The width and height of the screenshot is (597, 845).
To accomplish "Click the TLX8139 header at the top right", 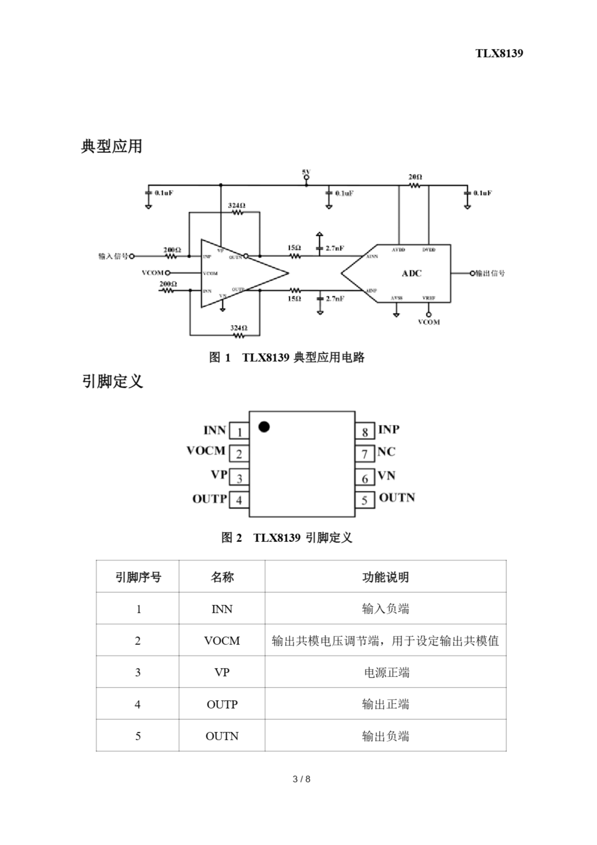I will click(x=499, y=53).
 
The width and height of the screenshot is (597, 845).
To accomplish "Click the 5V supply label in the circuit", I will click(x=306, y=172).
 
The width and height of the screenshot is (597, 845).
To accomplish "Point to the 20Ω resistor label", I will click(x=415, y=177).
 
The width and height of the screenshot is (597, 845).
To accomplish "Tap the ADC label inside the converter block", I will click(x=412, y=273).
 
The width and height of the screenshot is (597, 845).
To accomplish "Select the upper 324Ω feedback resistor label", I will click(x=236, y=205).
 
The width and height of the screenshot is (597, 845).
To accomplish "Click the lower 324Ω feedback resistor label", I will click(x=239, y=328).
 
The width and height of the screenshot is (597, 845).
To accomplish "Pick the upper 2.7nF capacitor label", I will click(x=335, y=249).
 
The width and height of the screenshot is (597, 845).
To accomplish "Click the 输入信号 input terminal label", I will click(x=113, y=256).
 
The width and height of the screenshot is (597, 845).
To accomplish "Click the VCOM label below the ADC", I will click(x=429, y=322).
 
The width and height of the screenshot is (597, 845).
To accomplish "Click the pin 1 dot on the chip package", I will click(x=264, y=427).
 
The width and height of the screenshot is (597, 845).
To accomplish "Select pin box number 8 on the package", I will click(x=365, y=431).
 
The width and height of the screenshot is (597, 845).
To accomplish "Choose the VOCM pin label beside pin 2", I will click(x=206, y=451).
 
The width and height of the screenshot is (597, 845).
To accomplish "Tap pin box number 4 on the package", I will click(x=239, y=500).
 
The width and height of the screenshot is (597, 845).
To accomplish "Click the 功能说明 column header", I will click(x=385, y=577).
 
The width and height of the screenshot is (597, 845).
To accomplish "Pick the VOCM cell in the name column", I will click(x=222, y=641).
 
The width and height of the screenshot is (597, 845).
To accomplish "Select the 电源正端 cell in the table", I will click(x=386, y=673).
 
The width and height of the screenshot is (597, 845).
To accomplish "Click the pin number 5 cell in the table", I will click(x=138, y=736).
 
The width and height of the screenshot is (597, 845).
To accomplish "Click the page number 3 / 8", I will click(x=301, y=779).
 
